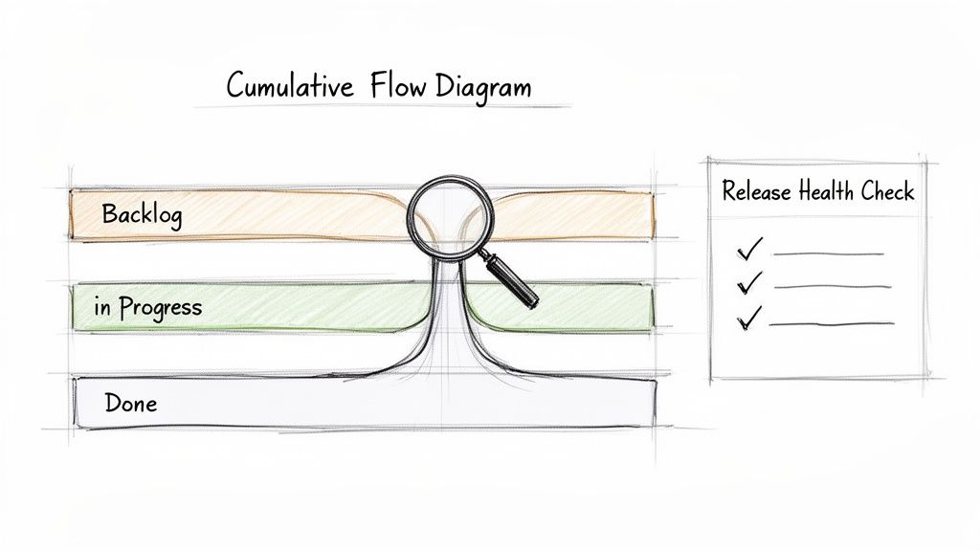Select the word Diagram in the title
(482, 87)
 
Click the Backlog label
(142, 214)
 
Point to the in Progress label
(147, 307)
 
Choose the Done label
(130, 403)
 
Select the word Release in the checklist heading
(756, 191)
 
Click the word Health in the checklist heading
(826, 191)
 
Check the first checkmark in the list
(749, 250)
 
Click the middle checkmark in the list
(751, 282)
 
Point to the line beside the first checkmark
(828, 254)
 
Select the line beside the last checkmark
(831, 323)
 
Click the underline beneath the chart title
(383, 106)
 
